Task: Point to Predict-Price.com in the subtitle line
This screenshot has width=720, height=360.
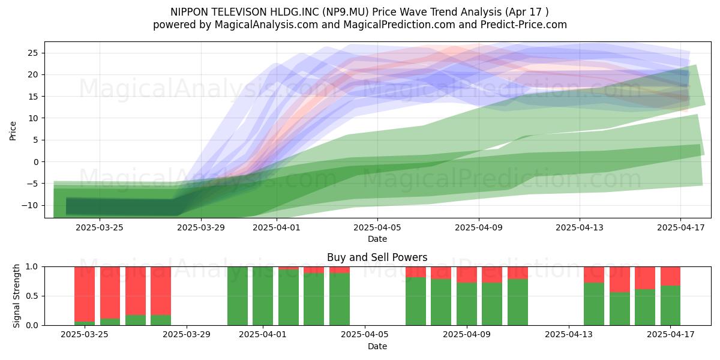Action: click(x=524, y=25)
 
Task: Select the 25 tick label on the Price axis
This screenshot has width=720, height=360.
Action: click(x=33, y=53)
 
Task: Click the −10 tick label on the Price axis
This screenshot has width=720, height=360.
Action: click(x=30, y=205)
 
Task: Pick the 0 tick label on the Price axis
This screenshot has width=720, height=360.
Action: click(x=35, y=161)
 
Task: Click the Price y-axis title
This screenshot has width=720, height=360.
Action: click(x=13, y=131)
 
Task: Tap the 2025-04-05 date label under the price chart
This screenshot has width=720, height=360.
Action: click(x=377, y=227)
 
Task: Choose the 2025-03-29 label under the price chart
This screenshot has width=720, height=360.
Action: click(x=201, y=227)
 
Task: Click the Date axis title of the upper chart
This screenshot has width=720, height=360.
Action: click(x=377, y=239)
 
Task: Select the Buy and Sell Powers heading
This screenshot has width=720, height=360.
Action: click(x=377, y=257)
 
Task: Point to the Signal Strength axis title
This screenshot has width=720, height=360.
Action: click(x=16, y=296)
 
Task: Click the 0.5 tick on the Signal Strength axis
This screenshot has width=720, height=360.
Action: click(x=32, y=296)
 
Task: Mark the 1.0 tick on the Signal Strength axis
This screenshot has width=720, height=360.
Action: click(x=32, y=266)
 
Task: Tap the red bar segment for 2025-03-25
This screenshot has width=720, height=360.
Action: click(x=85, y=294)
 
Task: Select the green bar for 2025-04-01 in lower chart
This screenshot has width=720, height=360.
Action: click(x=263, y=296)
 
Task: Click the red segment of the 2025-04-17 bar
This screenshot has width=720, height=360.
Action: click(x=671, y=276)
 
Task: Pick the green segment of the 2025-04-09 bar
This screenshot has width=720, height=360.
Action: click(x=467, y=304)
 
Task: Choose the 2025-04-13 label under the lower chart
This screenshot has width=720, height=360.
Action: click(x=569, y=334)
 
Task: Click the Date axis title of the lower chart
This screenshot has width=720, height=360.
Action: click(x=377, y=346)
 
